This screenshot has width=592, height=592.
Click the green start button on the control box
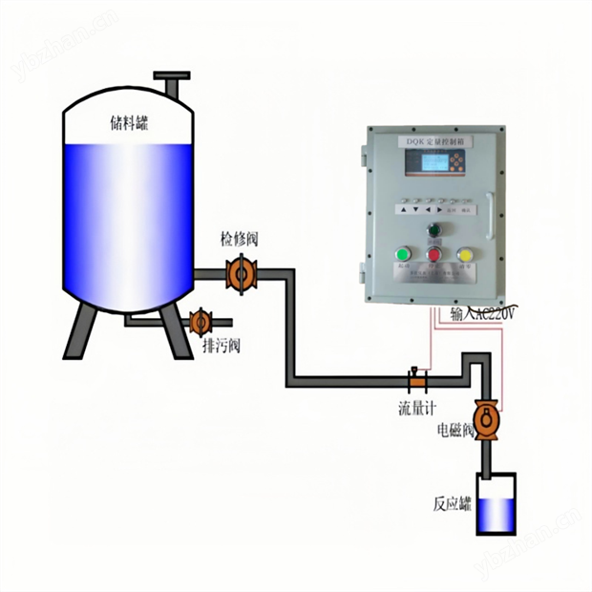click(x=402, y=254)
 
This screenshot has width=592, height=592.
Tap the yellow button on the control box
click(x=465, y=255)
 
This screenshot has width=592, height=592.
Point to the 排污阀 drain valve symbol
click(x=200, y=323)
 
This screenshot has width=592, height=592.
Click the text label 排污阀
click(x=222, y=345)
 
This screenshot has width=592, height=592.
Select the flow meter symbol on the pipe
click(x=416, y=380)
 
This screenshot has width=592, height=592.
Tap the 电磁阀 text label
click(x=456, y=432)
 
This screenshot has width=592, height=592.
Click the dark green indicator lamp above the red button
click(x=433, y=229)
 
